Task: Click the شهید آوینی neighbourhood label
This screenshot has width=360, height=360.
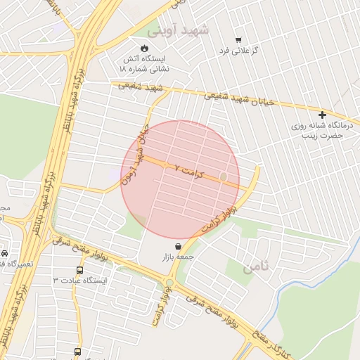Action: tap(179, 30)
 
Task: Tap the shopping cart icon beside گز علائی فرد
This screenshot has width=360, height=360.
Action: tap(238, 39)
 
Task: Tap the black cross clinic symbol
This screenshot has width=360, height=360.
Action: tap(323, 115)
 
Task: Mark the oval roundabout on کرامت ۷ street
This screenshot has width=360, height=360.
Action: tap(224, 177)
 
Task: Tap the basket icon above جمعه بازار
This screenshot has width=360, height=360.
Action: tap(177, 246)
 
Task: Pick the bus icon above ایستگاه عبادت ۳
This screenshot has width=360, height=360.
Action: tap(79, 269)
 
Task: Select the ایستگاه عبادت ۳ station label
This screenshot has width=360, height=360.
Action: tap(79, 281)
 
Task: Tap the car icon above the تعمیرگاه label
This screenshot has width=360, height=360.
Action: tap(5, 253)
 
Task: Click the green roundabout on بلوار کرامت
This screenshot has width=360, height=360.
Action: tap(169, 283)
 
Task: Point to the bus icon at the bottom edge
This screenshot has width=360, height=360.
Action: tap(77, 352)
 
